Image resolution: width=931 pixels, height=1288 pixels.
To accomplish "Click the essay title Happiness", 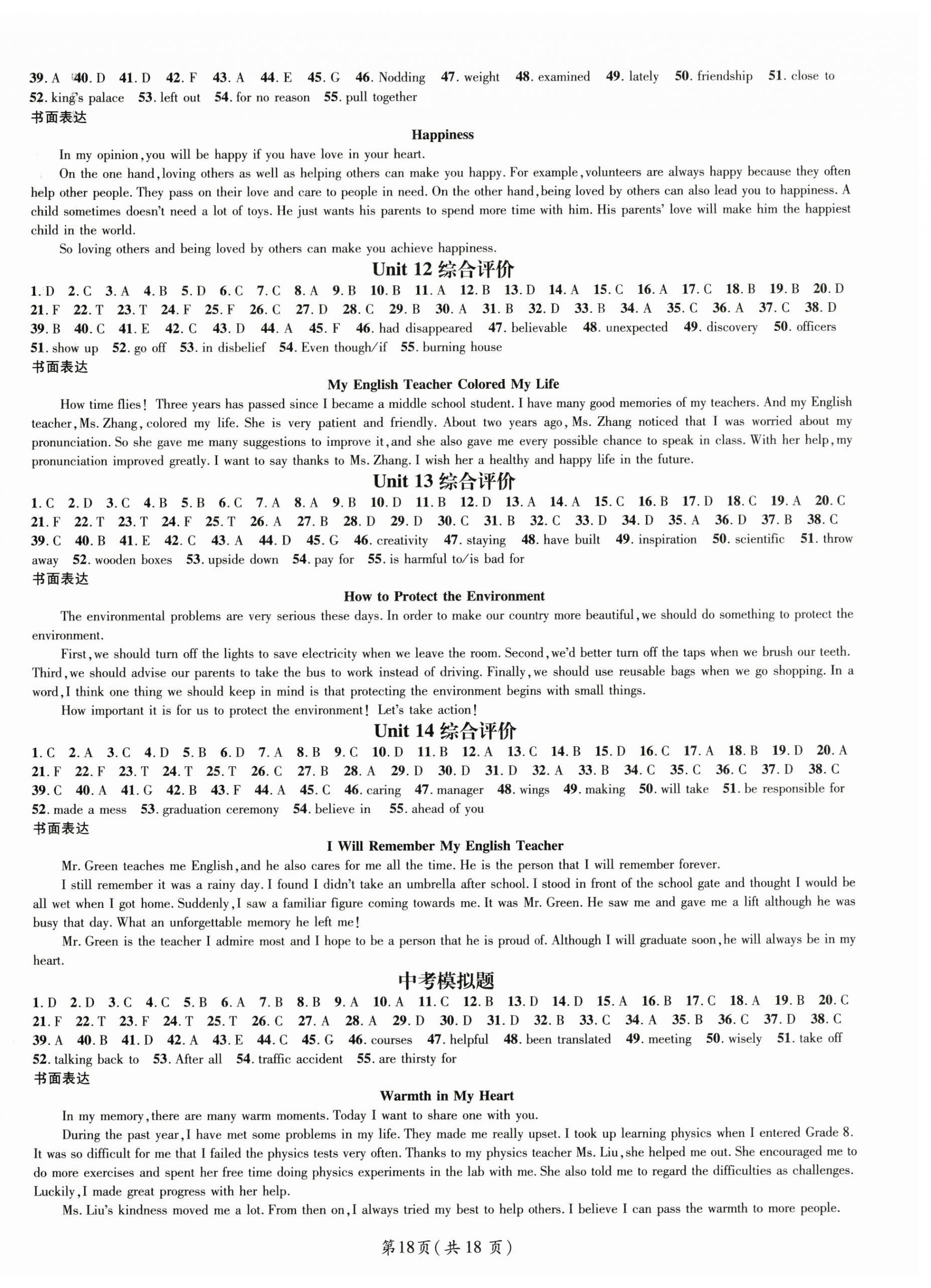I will (442, 135).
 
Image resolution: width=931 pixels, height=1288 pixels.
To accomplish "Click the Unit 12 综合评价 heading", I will (443, 269).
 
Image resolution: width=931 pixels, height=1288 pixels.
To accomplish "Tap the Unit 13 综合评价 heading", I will (444, 481).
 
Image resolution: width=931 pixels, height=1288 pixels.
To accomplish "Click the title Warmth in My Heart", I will (447, 1096).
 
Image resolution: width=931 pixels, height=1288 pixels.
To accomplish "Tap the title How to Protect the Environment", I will (444, 597).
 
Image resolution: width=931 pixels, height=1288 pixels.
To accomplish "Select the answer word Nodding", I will (401, 77).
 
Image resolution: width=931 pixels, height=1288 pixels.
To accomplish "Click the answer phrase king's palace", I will (87, 98).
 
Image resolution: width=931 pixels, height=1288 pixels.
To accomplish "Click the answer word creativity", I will (402, 541).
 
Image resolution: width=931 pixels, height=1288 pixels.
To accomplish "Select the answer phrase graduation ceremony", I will (221, 809).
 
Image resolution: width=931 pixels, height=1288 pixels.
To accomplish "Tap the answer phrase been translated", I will (568, 1039).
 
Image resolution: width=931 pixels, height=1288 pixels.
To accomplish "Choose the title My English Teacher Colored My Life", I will (443, 385).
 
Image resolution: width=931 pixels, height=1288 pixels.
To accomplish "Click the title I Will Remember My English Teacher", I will (445, 846).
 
